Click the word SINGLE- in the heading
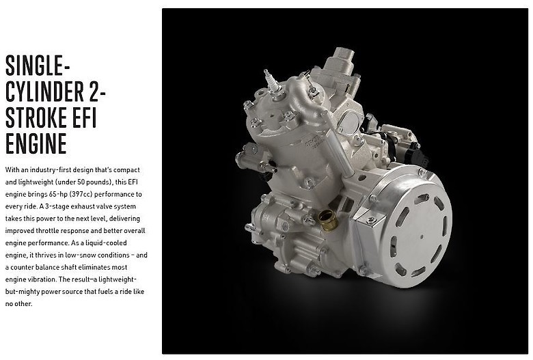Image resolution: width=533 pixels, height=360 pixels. coord(38,66)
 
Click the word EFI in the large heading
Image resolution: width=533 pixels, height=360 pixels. coord(84,117)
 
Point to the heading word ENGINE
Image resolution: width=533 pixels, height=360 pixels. coord(36,143)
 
